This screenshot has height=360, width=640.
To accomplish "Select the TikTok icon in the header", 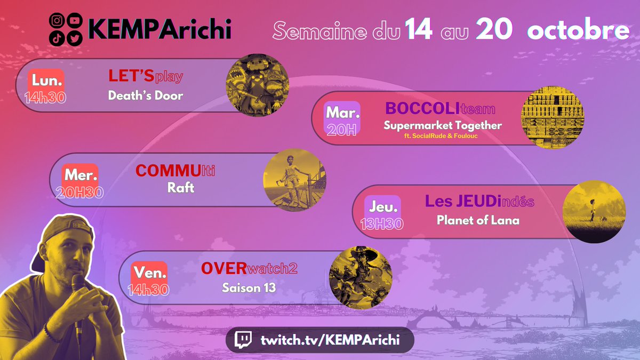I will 56,38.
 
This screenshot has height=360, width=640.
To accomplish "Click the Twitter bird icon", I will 74,38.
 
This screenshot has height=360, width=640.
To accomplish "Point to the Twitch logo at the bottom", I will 244,339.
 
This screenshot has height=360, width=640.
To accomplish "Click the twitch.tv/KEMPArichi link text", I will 330,339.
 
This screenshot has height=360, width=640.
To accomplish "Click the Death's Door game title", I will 146,96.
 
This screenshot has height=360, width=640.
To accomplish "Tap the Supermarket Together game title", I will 443,126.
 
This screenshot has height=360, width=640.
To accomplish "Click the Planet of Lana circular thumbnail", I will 594,212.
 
